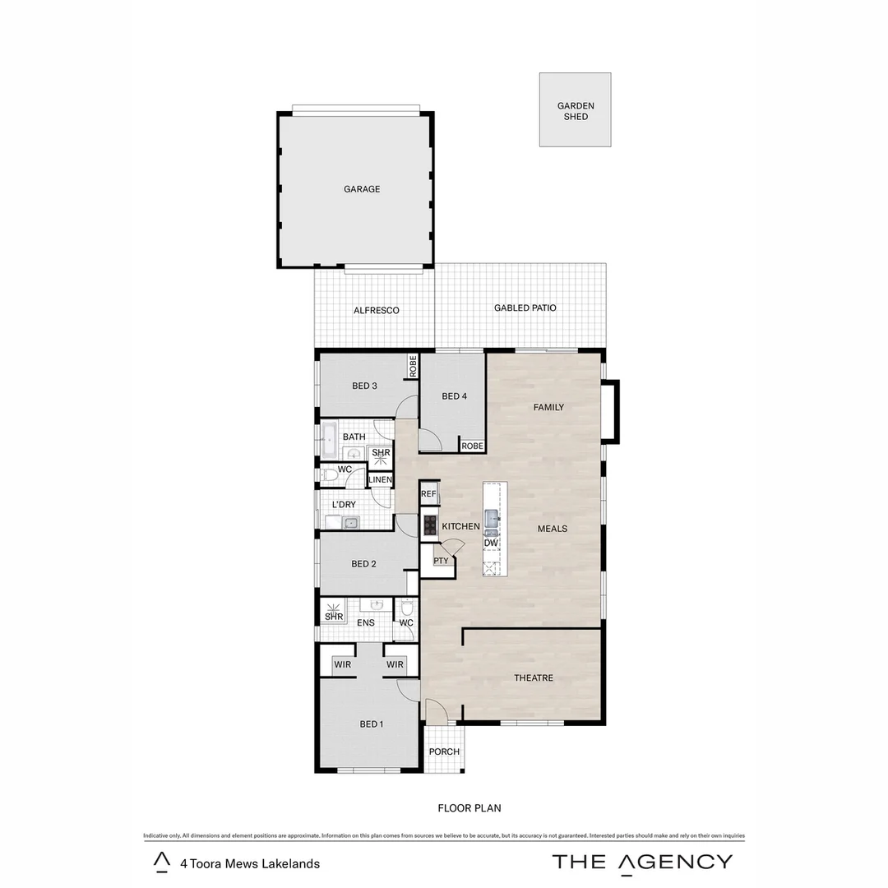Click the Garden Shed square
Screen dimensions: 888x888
click(575, 110)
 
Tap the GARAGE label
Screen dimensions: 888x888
click(362, 189)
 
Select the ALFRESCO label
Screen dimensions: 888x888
click(376, 311)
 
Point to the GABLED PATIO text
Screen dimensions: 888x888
click(525, 308)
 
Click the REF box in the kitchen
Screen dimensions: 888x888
click(428, 494)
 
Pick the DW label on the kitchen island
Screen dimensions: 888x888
click(491, 543)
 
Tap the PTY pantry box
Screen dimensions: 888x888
click(442, 562)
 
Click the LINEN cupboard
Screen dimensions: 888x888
click(381, 480)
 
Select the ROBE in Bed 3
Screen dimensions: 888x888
click(413, 366)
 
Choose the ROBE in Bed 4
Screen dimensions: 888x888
click(472, 446)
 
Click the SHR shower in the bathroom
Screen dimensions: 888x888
click(381, 453)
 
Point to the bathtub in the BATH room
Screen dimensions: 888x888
click(329, 441)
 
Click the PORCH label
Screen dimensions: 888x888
click(445, 752)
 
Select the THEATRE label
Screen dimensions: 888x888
click(534, 678)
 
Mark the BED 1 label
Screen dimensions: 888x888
click(372, 724)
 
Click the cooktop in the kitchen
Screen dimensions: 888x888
click(429, 525)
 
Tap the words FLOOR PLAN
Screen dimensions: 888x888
click(469, 808)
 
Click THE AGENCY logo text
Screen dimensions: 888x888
click(642, 862)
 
